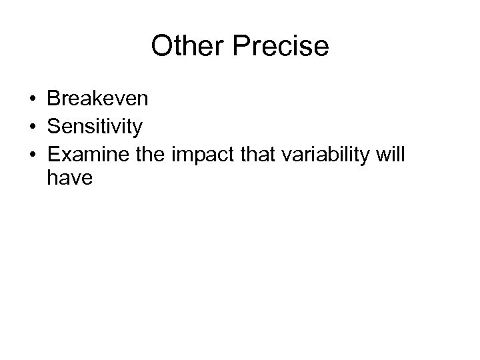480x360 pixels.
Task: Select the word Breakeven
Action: click(98, 100)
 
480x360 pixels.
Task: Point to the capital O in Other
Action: click(161, 47)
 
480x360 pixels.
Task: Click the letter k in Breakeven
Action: click(97, 100)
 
